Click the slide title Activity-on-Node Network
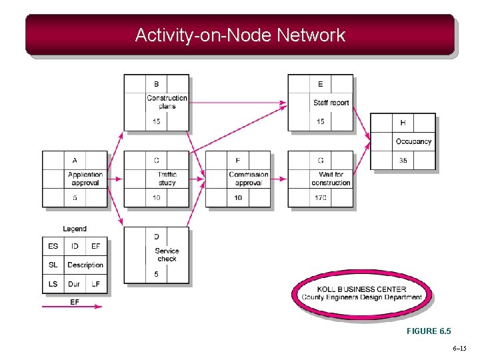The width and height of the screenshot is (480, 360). pos(240,35)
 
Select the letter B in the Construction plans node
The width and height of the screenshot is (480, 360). pos(157,84)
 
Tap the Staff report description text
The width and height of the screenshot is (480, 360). pos(331,103)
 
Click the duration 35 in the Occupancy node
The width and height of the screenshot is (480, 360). pos(403,161)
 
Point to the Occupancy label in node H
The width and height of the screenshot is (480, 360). pos(413,141)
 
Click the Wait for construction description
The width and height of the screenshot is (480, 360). pos(331,179)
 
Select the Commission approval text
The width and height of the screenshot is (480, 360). pos(249,179)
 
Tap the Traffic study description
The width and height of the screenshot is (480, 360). pos(167,179)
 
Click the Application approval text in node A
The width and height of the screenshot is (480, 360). pos(85,179)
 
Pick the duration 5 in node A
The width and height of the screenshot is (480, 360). pos(75,198)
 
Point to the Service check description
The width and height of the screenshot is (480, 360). pos(167,255)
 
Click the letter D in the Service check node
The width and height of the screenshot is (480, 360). pos(157,237)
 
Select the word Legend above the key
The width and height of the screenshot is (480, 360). pos(75,229)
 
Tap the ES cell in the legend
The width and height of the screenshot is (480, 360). pos(53,246)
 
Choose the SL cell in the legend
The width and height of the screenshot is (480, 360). pos(53,265)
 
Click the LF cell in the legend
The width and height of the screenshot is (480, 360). pos(95,284)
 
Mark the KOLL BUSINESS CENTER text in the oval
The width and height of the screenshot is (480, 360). pos(361,289)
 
